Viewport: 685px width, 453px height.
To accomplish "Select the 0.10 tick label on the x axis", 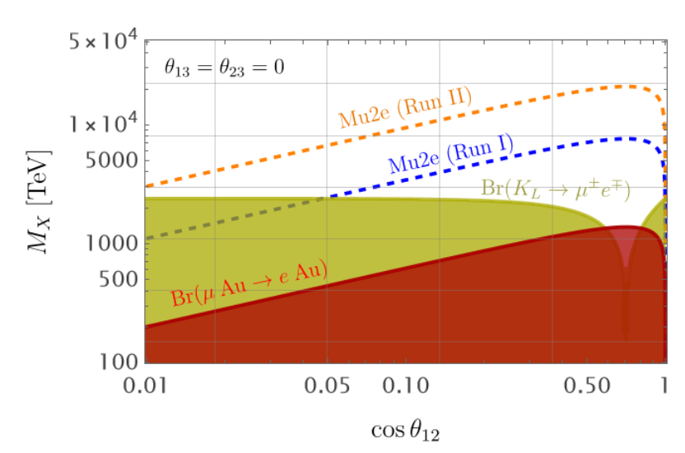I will click(405, 386).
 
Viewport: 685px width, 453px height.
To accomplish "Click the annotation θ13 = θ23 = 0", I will click(223, 68).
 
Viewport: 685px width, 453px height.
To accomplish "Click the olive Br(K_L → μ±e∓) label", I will click(556, 190).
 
